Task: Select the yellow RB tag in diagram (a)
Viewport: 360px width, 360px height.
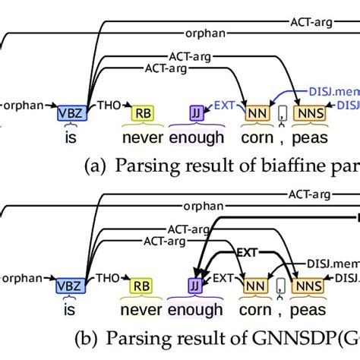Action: [x=141, y=113]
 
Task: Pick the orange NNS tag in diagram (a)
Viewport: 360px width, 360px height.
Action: [x=306, y=113]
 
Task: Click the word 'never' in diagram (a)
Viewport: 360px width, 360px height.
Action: [x=141, y=138]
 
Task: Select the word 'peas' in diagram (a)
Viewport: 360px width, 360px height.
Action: [x=307, y=138]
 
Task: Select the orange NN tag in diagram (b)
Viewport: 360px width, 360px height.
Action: [x=256, y=286]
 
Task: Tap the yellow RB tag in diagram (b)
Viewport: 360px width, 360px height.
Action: [x=141, y=286]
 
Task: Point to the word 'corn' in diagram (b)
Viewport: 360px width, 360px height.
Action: [x=257, y=311]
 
